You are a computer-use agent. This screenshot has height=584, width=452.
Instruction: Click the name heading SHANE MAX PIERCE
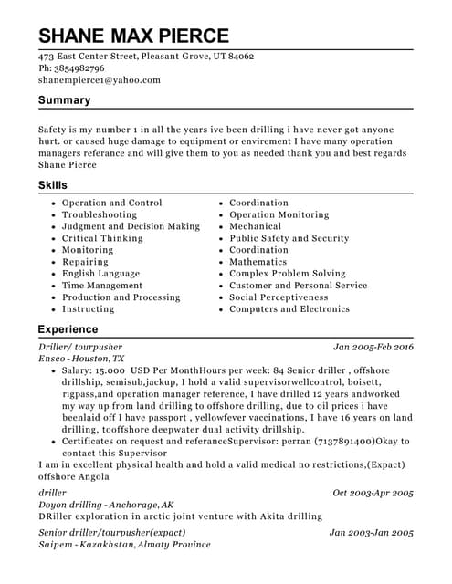[x=133, y=36]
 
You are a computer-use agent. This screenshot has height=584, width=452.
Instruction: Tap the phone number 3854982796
[x=79, y=68]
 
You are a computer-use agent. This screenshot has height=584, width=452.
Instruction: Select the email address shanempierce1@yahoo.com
[x=100, y=80]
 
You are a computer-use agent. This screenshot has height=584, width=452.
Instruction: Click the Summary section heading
[x=64, y=100]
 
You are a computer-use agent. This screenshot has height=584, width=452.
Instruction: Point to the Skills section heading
[x=52, y=185]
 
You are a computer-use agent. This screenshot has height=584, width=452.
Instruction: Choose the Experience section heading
[x=68, y=328]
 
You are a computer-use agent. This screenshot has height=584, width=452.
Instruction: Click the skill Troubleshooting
[x=100, y=214]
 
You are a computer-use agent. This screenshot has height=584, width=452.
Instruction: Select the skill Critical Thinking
[x=102, y=238]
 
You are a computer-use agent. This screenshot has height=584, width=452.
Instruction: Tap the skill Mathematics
[x=258, y=262]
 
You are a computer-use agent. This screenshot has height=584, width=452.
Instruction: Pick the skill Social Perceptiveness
[x=279, y=297]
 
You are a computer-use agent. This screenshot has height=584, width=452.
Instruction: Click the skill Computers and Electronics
[x=289, y=309]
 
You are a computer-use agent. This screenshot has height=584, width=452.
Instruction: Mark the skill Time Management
[x=102, y=286]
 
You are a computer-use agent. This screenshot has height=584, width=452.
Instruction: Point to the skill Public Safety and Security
[x=289, y=238]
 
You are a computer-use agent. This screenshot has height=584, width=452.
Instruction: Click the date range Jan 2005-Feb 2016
[x=373, y=348]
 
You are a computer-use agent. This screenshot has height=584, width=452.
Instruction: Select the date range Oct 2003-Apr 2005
[x=373, y=493]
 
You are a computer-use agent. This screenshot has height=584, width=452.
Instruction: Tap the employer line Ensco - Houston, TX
[x=81, y=360]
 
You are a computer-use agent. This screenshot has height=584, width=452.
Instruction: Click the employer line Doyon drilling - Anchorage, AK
[x=106, y=505]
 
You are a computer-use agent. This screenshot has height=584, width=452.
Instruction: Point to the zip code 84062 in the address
[x=240, y=57]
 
